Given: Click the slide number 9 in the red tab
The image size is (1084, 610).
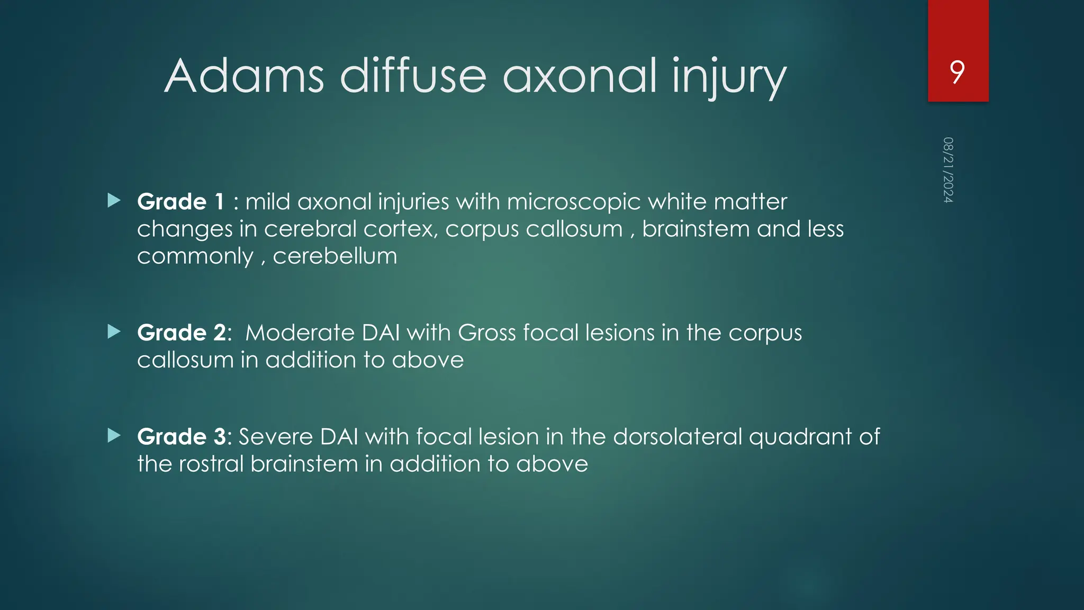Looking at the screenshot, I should point(957,73).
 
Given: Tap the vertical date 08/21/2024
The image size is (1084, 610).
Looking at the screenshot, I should point(948,170).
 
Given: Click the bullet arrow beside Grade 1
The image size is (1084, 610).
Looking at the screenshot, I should point(114,200).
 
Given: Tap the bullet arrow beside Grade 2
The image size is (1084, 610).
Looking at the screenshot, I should point(114,331).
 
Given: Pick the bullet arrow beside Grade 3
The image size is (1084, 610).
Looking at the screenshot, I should point(114,436).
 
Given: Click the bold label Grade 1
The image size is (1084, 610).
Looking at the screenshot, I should point(180,202).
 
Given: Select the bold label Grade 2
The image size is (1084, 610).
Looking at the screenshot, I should point(183,333).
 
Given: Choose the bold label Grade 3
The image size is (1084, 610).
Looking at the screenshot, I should point(183,437).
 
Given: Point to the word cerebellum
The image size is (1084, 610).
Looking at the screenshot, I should point(335,256).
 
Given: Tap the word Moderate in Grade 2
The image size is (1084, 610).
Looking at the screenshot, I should point(300,333).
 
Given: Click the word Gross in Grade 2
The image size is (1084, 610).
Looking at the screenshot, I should point(486,333).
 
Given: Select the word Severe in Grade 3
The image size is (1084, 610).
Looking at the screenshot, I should point(276,437).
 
